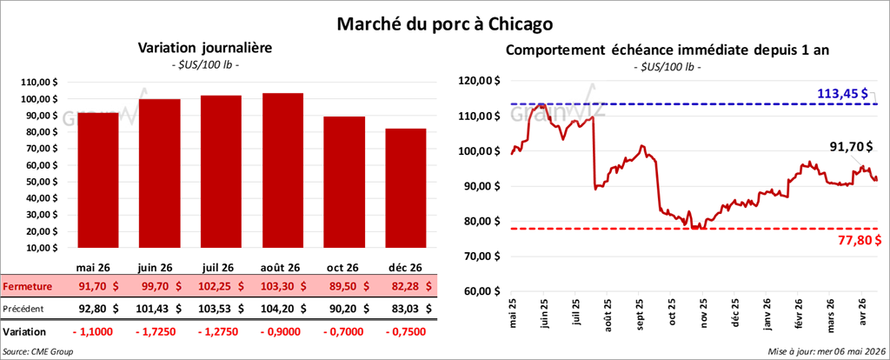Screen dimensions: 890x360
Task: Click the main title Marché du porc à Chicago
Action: tap(444, 24)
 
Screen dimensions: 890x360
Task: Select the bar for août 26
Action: tap(282, 170)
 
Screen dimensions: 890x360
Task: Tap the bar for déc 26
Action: tap(405, 188)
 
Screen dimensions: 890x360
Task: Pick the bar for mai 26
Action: tap(97, 180)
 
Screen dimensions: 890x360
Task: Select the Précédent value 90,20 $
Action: tap(349, 309)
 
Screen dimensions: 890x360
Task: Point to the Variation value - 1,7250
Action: tap(159, 331)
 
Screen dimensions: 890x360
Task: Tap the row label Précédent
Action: tap(23, 309)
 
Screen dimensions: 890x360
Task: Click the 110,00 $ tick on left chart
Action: tap(39, 83)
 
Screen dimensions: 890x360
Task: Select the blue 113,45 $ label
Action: tap(842, 93)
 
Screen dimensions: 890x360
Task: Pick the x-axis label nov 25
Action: tap(704, 315)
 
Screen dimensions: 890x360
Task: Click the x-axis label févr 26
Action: tap(798, 314)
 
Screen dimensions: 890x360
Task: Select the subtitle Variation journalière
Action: tap(205, 49)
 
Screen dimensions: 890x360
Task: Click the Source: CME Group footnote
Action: tap(38, 351)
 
